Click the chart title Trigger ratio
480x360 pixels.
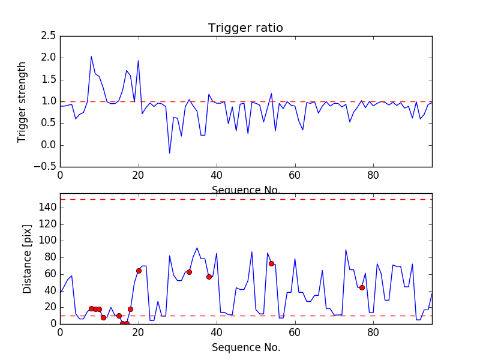245,28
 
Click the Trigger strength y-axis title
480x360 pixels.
22,101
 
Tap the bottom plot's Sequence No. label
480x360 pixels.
245,347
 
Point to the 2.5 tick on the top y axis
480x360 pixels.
49,36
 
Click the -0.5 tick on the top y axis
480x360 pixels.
46,167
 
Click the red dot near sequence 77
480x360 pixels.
362,287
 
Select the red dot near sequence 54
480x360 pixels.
271,263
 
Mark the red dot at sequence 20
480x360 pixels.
139,271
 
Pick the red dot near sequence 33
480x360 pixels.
189,272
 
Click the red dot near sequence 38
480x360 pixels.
209,277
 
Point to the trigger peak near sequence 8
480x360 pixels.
91,57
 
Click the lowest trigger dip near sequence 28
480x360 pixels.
169,153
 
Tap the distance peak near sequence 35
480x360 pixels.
197,248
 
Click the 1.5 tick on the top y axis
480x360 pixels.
49,80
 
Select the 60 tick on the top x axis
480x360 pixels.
295,175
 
